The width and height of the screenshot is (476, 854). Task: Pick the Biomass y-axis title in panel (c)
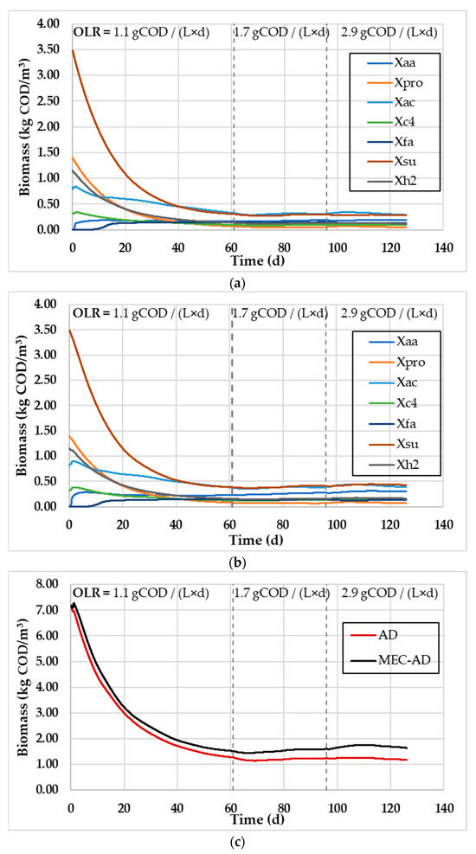pyautogui.click(x=19, y=684)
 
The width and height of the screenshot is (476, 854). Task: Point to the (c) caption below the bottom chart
pyautogui.click(x=238, y=840)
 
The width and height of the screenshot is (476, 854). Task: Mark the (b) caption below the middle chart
pyautogui.click(x=238, y=560)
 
